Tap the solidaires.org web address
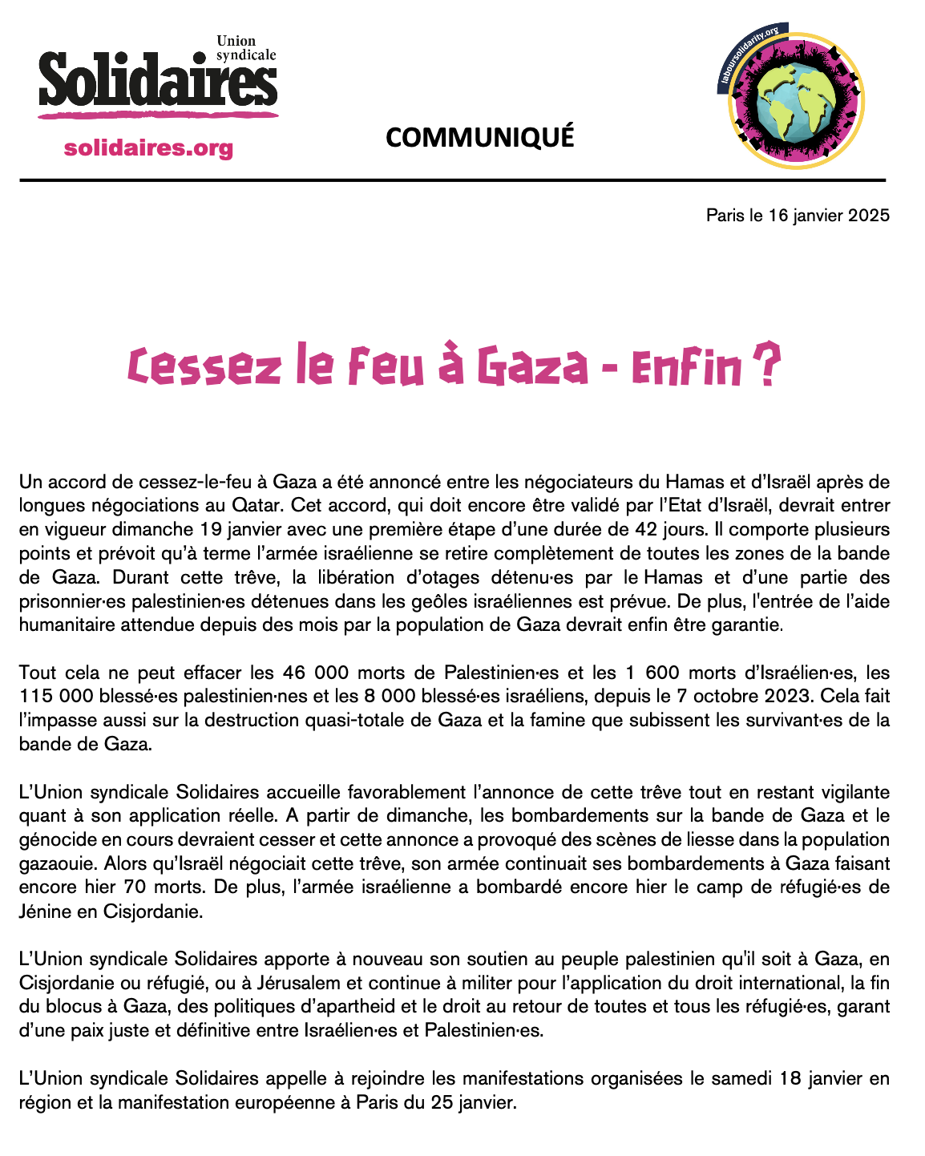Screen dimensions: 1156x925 pyautogui.click(x=148, y=148)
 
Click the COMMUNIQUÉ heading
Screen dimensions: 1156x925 pyautogui.click(x=479, y=137)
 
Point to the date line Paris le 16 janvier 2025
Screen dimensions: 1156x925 pyautogui.click(x=798, y=215)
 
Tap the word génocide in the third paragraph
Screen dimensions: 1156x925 pyautogui.click(x=54, y=839)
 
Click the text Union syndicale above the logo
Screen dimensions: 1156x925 pyautogui.click(x=245, y=48)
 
